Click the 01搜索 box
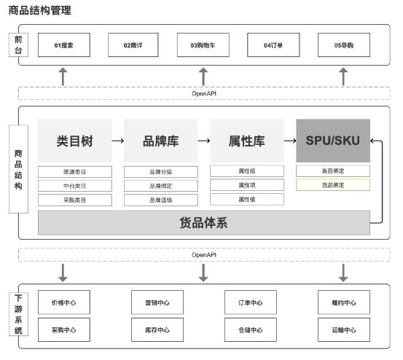pyautogui.click(x=63, y=45)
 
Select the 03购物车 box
pyautogui.click(x=203, y=45)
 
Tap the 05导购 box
pyautogui.click(x=343, y=45)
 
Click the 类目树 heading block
pyautogui.click(x=75, y=141)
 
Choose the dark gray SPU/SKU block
pyautogui.click(x=332, y=141)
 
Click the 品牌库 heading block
pyautogui.click(x=160, y=141)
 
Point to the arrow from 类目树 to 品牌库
pyautogui.click(x=117, y=141)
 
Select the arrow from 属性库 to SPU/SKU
pyautogui.click(x=289, y=141)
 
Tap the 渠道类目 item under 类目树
pyautogui.click(x=75, y=172)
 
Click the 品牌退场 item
pyautogui.click(x=160, y=200)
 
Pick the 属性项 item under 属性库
pyautogui.click(x=246, y=185)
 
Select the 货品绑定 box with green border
pyautogui.click(x=332, y=185)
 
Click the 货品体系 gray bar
pyautogui.click(x=203, y=223)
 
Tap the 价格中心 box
pyautogui.click(x=63, y=302)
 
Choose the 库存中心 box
pyautogui.click(x=156, y=329)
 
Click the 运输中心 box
pyautogui.click(x=343, y=329)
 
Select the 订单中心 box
pyautogui.click(x=250, y=302)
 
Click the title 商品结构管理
pyautogui.click(x=39, y=11)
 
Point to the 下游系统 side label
pyautogui.click(x=18, y=314)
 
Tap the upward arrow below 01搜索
pyautogui.click(x=63, y=76)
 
